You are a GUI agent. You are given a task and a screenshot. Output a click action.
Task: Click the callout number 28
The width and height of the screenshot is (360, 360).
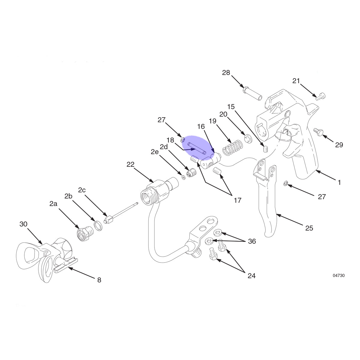coord(226,73)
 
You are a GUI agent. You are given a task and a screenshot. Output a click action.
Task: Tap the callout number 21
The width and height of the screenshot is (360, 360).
coord(296,81)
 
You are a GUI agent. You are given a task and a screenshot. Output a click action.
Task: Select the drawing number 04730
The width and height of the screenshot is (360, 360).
coord(339,276)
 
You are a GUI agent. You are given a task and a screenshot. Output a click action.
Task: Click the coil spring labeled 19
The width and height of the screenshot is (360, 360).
coord(233,147)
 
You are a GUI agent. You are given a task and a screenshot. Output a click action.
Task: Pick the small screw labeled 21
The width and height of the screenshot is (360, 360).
coord(321,97)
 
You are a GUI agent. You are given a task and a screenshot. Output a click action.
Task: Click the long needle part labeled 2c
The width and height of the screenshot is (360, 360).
coord(121,213)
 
